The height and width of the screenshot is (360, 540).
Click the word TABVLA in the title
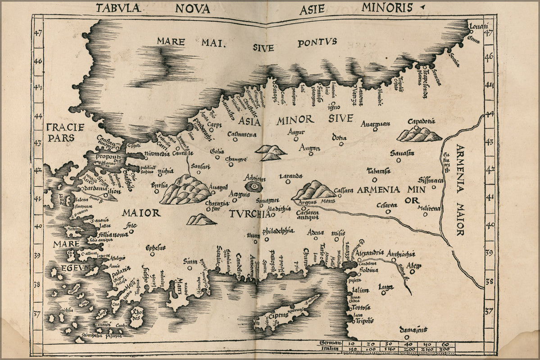(x=118, y=7)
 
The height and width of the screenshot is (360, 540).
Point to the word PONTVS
(x=317, y=43)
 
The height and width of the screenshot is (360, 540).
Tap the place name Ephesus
(x=155, y=247)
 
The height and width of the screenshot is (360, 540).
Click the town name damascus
(x=415, y=331)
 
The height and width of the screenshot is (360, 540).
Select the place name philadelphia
(x=278, y=231)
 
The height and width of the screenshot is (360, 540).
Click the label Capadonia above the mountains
(x=421, y=121)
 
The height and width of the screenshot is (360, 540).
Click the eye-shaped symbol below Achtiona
(x=252, y=186)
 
